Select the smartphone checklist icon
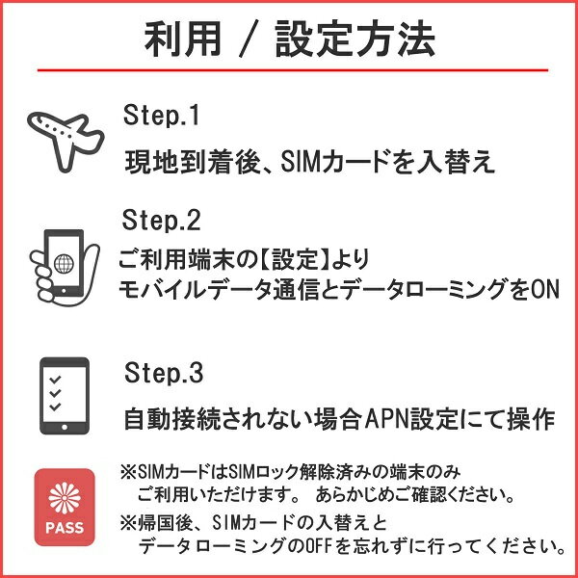pos(65,395)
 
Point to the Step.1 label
pos(161,116)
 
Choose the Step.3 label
pos(163,372)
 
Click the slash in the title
pos(257,40)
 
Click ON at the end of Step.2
pos(545,289)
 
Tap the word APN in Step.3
pos(382,420)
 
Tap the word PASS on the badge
pos(65,528)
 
